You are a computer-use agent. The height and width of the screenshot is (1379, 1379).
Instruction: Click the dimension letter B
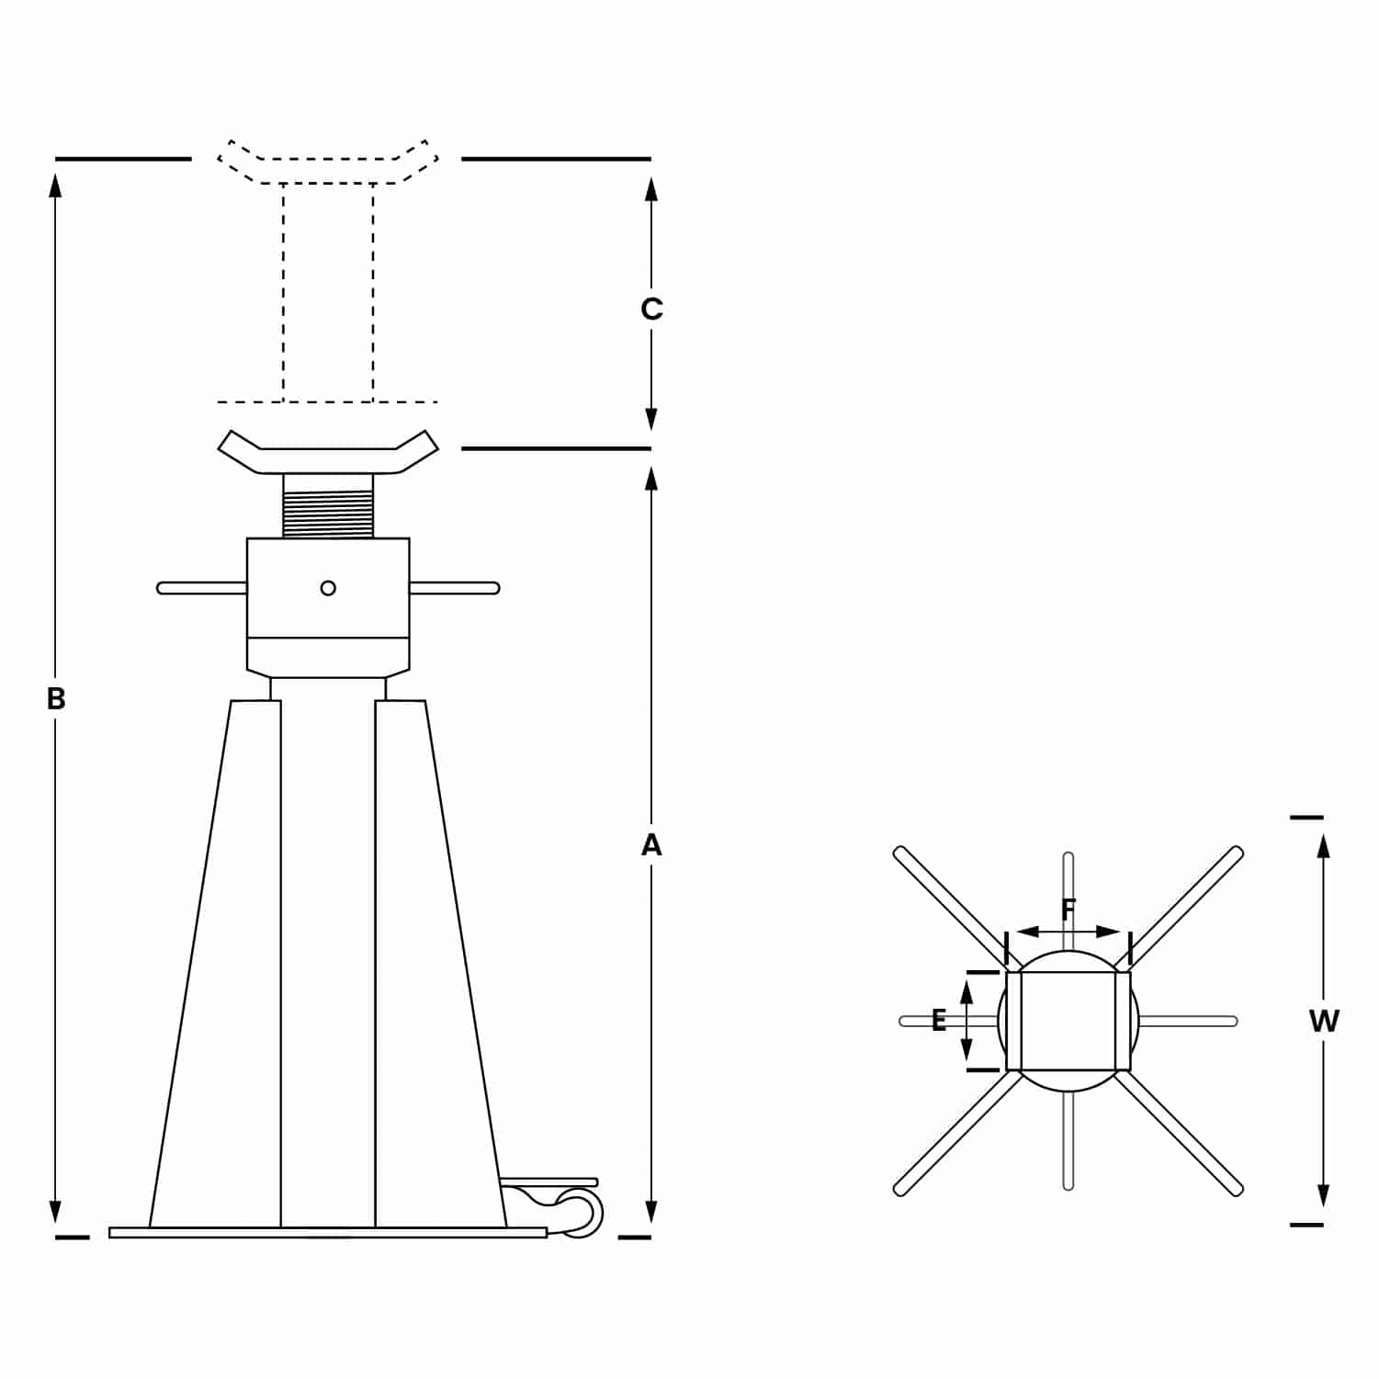(x=56, y=699)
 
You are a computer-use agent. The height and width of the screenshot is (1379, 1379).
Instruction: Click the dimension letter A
(x=651, y=844)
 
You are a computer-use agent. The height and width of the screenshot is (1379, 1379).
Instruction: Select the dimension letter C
(x=651, y=309)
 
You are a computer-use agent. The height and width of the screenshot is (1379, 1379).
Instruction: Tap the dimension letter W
(x=1324, y=1021)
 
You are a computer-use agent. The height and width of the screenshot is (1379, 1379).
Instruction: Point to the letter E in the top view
(x=939, y=1020)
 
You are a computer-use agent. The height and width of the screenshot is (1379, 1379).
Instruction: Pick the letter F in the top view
(x=1068, y=910)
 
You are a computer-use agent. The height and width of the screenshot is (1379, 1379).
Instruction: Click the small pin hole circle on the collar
(x=328, y=588)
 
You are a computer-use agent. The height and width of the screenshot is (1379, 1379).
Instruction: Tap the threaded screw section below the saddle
(x=328, y=514)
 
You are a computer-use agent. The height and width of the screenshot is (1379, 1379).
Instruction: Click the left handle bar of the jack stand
(x=202, y=588)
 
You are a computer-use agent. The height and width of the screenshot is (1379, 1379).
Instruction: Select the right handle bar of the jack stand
(x=454, y=588)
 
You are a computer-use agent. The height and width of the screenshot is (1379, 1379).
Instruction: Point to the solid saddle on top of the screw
(x=328, y=452)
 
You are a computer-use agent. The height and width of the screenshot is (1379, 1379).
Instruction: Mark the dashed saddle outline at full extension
(x=328, y=162)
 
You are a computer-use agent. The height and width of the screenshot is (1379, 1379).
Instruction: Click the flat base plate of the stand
(x=328, y=1232)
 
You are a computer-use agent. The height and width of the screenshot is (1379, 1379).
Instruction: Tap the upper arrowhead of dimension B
(x=56, y=185)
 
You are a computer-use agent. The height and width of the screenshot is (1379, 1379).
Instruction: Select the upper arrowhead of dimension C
(x=651, y=189)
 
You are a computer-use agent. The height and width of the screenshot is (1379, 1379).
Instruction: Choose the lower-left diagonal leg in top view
(x=957, y=1134)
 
